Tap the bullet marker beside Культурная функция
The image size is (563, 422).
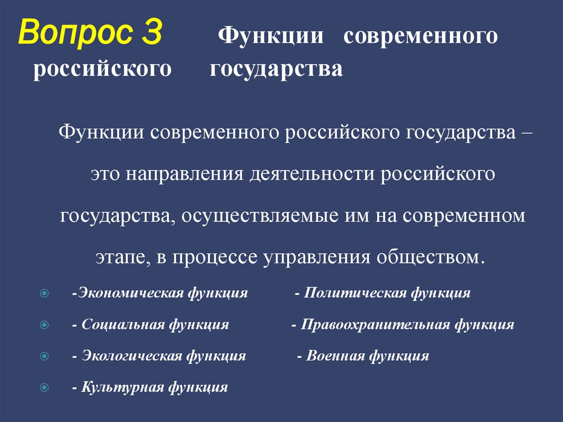(x=45, y=387)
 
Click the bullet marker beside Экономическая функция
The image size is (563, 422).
(x=45, y=293)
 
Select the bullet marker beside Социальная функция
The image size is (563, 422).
(x=45, y=325)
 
